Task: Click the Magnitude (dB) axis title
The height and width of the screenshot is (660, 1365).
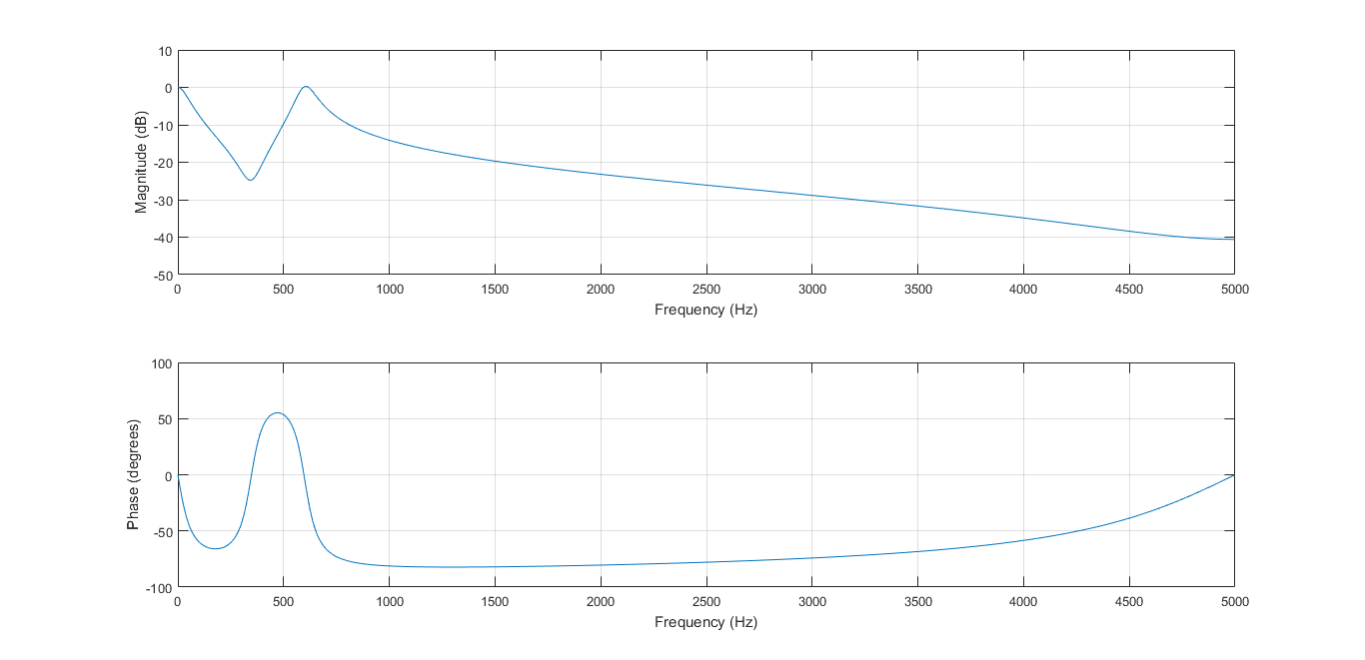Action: point(142,163)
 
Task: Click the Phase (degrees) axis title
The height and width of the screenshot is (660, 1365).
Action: point(133,474)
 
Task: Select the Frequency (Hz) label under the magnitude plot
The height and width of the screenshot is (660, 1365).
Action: point(705,310)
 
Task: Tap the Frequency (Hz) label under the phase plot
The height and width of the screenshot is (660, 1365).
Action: point(705,622)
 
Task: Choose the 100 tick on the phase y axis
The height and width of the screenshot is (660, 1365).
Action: point(161,363)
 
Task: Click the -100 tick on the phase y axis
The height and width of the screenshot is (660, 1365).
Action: point(159,587)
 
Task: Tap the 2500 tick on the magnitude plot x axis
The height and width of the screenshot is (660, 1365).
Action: point(706,290)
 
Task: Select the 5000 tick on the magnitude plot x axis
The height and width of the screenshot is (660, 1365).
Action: point(1234,290)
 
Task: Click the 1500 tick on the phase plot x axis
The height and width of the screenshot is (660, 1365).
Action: point(495,602)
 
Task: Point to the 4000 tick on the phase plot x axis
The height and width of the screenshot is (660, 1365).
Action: point(1023,602)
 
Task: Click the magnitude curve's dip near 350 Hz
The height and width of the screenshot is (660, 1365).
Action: point(250,180)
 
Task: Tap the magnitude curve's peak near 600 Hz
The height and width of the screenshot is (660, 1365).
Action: point(306,87)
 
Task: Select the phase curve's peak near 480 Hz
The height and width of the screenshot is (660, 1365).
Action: point(279,413)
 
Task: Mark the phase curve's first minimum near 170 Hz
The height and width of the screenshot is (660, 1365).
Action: point(214,548)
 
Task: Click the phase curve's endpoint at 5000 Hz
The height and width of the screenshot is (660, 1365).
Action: point(1234,475)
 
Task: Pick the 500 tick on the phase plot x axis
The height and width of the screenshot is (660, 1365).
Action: point(284,602)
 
